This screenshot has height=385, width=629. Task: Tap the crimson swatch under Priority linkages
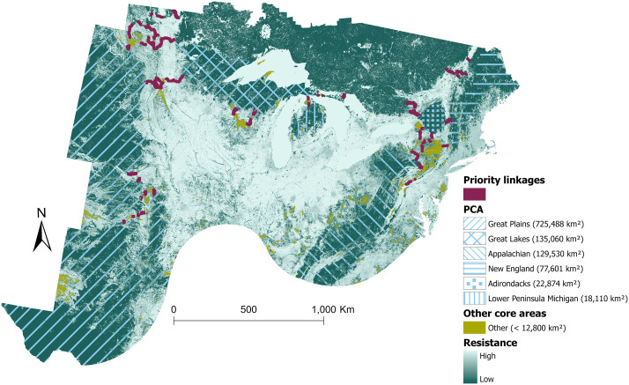476,194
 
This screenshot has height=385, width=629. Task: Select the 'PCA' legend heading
473,210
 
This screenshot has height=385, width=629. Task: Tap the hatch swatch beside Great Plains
476,225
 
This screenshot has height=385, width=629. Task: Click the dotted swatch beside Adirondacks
476,285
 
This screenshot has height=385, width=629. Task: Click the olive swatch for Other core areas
476,329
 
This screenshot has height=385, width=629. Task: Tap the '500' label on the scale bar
248,310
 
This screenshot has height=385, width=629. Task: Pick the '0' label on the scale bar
174,310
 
